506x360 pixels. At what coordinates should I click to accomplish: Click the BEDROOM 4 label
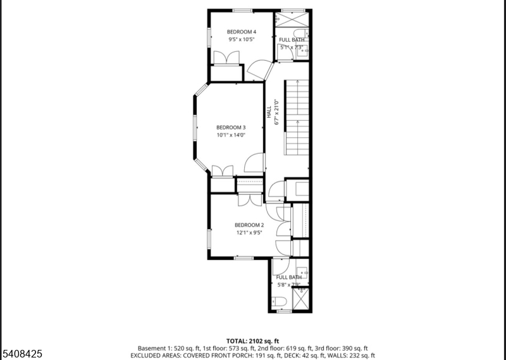pyautogui.click(x=242, y=32)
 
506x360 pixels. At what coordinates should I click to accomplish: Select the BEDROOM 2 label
pyautogui.click(x=249, y=225)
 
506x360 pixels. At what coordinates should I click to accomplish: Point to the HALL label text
pyautogui.click(x=269, y=112)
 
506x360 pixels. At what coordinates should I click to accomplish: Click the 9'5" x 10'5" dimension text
pyautogui.click(x=242, y=39)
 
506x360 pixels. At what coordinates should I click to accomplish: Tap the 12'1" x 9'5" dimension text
pyautogui.click(x=249, y=232)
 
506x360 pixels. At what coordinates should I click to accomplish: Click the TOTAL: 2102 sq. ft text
pyautogui.click(x=252, y=341)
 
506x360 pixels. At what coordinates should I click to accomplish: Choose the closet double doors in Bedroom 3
pyautogui.click(x=222, y=170)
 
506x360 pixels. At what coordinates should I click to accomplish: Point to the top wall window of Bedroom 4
pyautogui.click(x=242, y=10)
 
